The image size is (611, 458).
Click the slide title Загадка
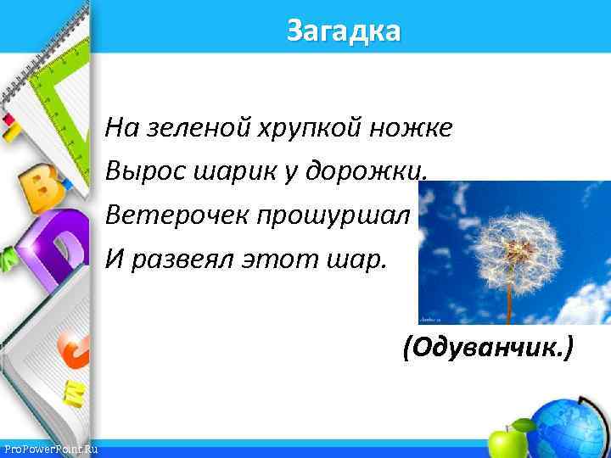pos(343,31)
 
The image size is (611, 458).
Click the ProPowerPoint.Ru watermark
pos(50,449)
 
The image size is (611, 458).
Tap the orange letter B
pos(37,187)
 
